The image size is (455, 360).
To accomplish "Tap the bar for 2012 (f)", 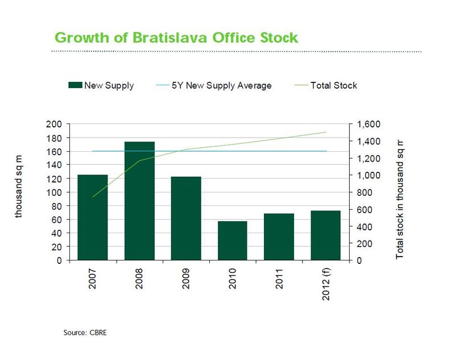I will [x=325, y=235].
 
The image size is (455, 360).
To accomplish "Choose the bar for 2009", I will [x=186, y=218].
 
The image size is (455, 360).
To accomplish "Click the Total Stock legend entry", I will [x=333, y=85].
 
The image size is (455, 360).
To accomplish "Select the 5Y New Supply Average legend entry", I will [x=221, y=85].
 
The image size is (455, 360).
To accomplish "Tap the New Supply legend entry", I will [x=109, y=85].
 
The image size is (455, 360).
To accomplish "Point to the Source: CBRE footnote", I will [x=85, y=332].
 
